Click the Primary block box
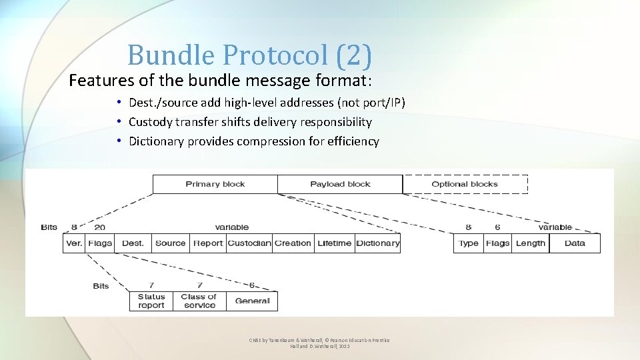215,184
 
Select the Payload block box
340,184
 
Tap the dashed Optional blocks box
465,184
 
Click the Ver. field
74,243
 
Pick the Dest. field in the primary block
133,243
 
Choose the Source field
170,243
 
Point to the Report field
208,243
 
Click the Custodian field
249,243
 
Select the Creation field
293,243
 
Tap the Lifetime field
334,243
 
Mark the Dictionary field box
378,243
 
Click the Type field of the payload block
469,243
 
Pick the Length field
530,243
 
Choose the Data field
574,243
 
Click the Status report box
151,301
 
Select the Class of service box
199,301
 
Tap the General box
252,301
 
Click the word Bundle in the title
172,55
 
